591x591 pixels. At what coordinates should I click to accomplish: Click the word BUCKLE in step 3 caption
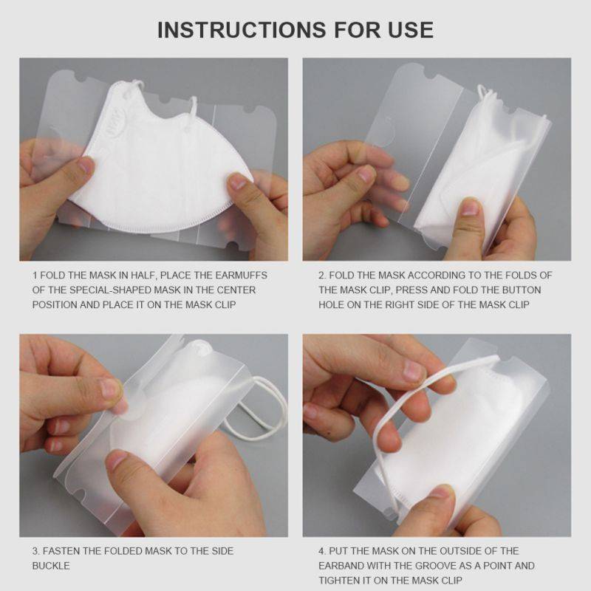click(x=51, y=566)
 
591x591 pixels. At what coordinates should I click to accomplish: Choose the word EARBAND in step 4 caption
click(x=341, y=565)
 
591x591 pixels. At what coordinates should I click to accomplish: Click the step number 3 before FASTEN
click(x=35, y=551)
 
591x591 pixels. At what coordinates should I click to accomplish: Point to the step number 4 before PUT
click(x=322, y=551)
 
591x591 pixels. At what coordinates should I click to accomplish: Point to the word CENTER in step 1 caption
click(x=236, y=290)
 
